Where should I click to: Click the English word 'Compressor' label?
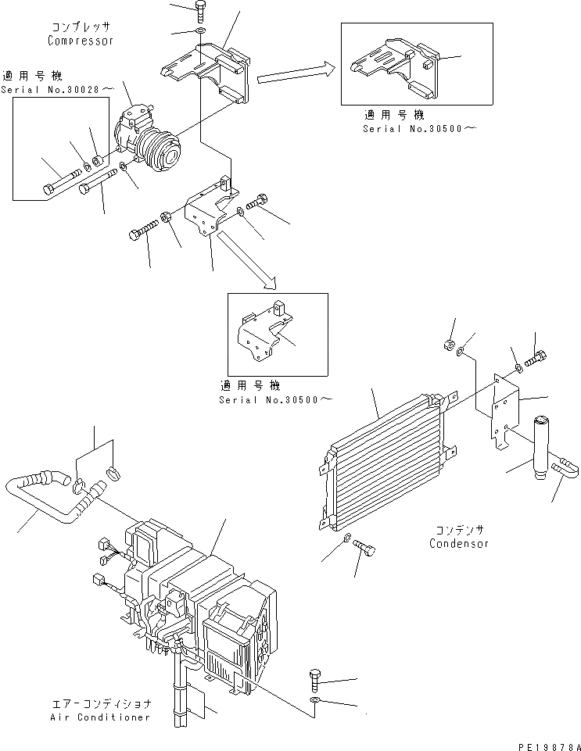[x=81, y=40]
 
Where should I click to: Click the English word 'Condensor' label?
[x=459, y=543]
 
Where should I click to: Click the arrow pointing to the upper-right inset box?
[x=292, y=74]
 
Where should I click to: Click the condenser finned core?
[x=383, y=461]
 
